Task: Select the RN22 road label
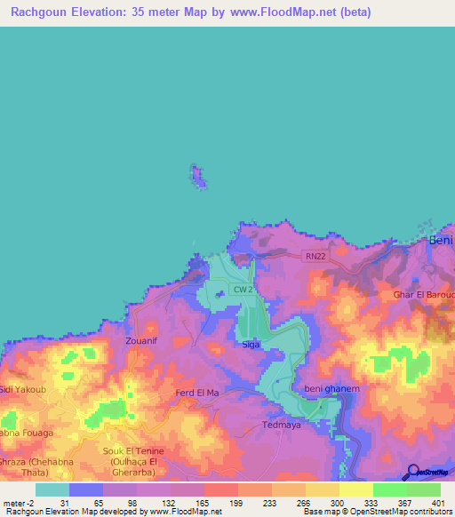pos(314,257)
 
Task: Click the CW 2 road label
pos(243,290)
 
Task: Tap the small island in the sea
pos(201,176)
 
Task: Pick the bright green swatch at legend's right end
pos(424,489)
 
